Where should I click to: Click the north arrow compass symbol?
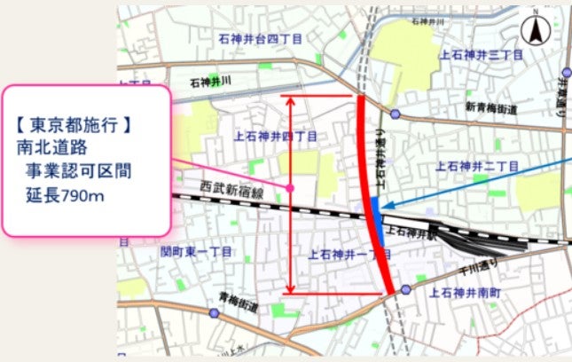[x=537, y=32]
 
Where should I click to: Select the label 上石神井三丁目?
[x=477, y=54]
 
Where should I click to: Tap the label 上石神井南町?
[x=466, y=290]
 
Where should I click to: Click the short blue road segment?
[x=376, y=218]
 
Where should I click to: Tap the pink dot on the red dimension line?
[x=291, y=187]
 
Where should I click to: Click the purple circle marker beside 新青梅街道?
[x=395, y=114]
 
